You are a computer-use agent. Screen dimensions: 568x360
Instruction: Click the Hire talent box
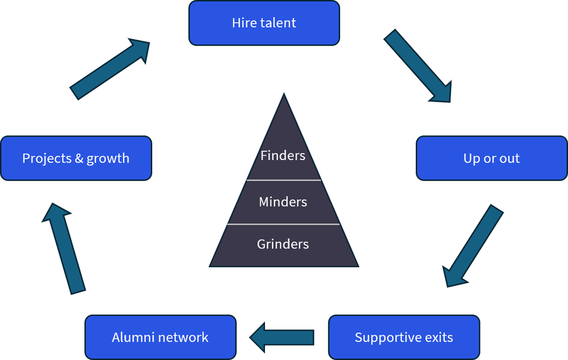tap(264, 23)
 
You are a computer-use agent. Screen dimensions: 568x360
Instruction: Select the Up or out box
tap(491, 158)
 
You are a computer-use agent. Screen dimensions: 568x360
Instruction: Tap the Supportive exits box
tap(404, 337)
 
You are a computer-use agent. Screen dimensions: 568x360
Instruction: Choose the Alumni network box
tap(161, 337)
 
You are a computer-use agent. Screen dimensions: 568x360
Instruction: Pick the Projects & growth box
tap(76, 158)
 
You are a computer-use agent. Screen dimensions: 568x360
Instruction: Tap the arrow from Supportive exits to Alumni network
tap(282, 338)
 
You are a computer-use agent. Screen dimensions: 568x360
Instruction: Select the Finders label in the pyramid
tap(283, 156)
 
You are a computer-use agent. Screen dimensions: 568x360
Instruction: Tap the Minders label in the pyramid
tap(283, 202)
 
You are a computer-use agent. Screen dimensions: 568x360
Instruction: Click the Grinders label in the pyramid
tap(283, 244)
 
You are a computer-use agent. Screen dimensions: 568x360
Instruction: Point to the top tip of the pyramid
tap(284, 94)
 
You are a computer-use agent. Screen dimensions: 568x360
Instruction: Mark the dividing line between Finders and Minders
tap(284, 180)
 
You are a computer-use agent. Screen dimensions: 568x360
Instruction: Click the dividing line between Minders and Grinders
tap(284, 224)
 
